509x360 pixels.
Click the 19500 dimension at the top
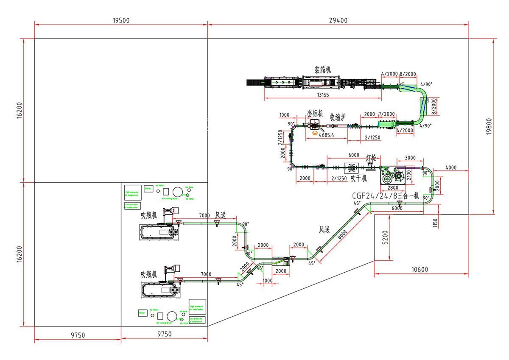tap(121, 20)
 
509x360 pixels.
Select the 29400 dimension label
tap(338, 20)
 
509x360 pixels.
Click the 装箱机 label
tap(322, 69)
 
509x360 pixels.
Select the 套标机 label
tap(315, 114)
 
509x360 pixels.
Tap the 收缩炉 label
tap(338, 117)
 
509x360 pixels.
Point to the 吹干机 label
tap(358, 179)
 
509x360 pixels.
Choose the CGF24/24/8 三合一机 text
tap(386, 196)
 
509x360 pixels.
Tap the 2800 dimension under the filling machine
tap(392, 187)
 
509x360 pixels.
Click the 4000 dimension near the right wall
tap(450, 167)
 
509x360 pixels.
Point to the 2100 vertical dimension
tap(409, 174)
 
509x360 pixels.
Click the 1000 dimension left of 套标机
tap(284, 115)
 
